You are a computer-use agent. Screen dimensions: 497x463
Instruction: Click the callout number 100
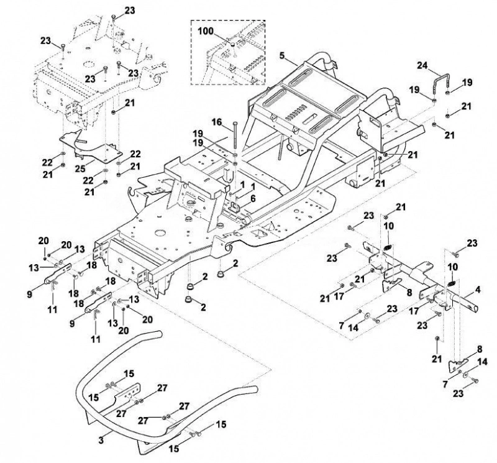coord(206,32)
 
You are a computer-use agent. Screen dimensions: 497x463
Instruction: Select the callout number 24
coord(422,66)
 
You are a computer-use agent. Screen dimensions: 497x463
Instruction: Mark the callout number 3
coord(101,440)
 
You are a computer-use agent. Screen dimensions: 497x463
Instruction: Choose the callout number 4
coord(478,290)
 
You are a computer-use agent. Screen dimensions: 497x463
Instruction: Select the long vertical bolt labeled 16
coord(235,134)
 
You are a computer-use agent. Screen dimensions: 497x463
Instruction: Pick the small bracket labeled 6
coord(235,208)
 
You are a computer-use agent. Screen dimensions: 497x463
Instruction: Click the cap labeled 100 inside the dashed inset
coord(232,44)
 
